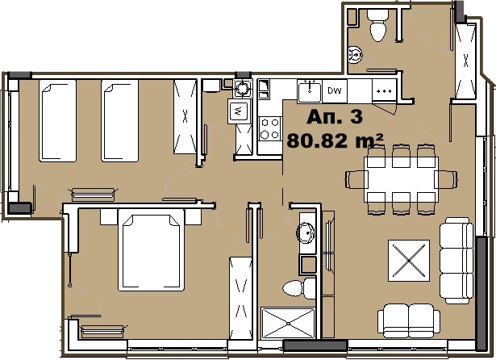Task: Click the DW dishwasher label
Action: pos(335,91)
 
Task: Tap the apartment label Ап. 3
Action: pos(335,116)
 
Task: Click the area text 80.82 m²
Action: pos(335,140)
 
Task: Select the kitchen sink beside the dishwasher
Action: pos(310,91)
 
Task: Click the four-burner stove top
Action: pos(270,128)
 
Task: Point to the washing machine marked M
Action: pos(239,111)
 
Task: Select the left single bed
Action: pos(57,120)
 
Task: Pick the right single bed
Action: pos(119,120)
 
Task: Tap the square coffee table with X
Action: pos(409,261)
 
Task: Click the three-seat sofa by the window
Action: pos(456,260)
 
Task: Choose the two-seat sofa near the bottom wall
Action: pos(409,320)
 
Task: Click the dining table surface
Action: pos(401,179)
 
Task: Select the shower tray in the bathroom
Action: pos(288,323)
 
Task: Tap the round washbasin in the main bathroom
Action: pos(305,232)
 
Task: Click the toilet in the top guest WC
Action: pos(377,25)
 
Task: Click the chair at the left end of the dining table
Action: pos(356,179)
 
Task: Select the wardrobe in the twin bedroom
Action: pos(185,116)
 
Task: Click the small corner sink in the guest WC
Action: pos(355,55)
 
